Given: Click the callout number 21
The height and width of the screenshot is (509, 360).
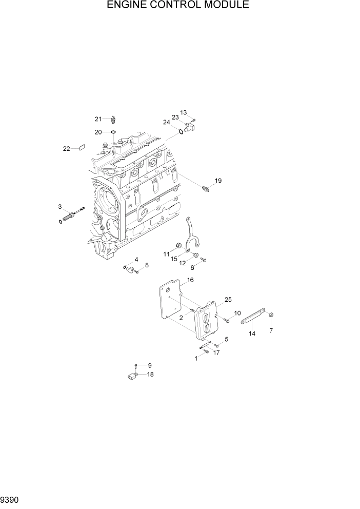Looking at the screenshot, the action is click(98, 119).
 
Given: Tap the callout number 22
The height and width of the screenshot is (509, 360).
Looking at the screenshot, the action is click(66, 149).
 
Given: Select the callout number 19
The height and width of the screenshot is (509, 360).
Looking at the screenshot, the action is click(218, 181).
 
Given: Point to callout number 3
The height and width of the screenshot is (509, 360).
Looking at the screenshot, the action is click(60, 206).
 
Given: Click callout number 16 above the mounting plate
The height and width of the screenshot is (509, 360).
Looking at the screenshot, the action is click(190, 280).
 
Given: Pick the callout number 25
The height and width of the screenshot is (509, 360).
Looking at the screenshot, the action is click(228, 299).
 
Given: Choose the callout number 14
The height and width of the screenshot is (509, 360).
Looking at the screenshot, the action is click(252, 334).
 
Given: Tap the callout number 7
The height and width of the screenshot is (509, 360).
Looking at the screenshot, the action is click(271, 330).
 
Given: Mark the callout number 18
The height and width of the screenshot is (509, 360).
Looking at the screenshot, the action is click(150, 374).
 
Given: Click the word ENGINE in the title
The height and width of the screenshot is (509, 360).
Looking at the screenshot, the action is click(128, 6).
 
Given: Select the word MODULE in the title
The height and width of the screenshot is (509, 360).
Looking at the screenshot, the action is click(227, 6).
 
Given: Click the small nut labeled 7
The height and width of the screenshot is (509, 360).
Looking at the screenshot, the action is click(272, 315).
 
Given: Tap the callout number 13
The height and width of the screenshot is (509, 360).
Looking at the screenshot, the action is click(184, 113).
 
